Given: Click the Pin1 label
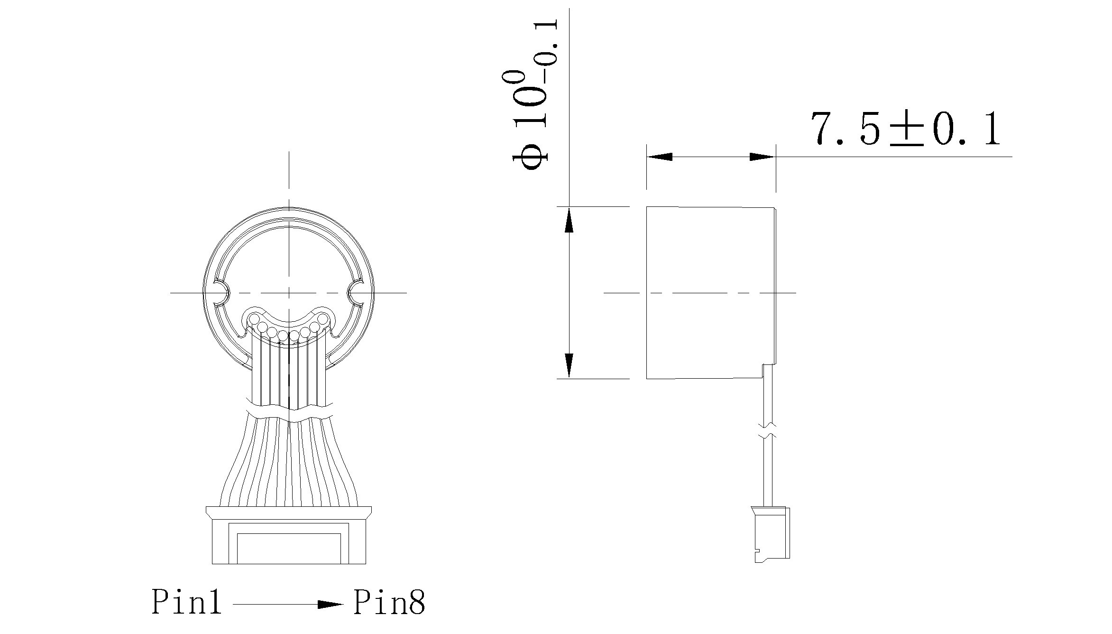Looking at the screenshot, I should (186, 602).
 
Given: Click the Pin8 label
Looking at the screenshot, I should (389, 602).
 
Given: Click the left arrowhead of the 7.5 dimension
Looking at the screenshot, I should (660, 157).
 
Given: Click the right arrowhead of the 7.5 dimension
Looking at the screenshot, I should (762, 157).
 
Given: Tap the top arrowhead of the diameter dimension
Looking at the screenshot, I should (569, 221).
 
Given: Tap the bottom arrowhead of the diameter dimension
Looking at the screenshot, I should (569, 365).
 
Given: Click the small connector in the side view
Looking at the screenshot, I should (772, 534).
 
